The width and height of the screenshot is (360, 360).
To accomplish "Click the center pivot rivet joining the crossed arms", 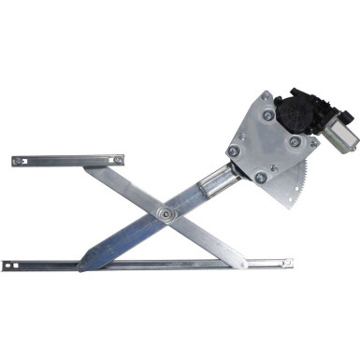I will (166, 214).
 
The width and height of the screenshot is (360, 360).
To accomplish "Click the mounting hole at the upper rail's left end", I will (19, 161).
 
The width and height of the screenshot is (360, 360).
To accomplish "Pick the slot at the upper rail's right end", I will (119, 159).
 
